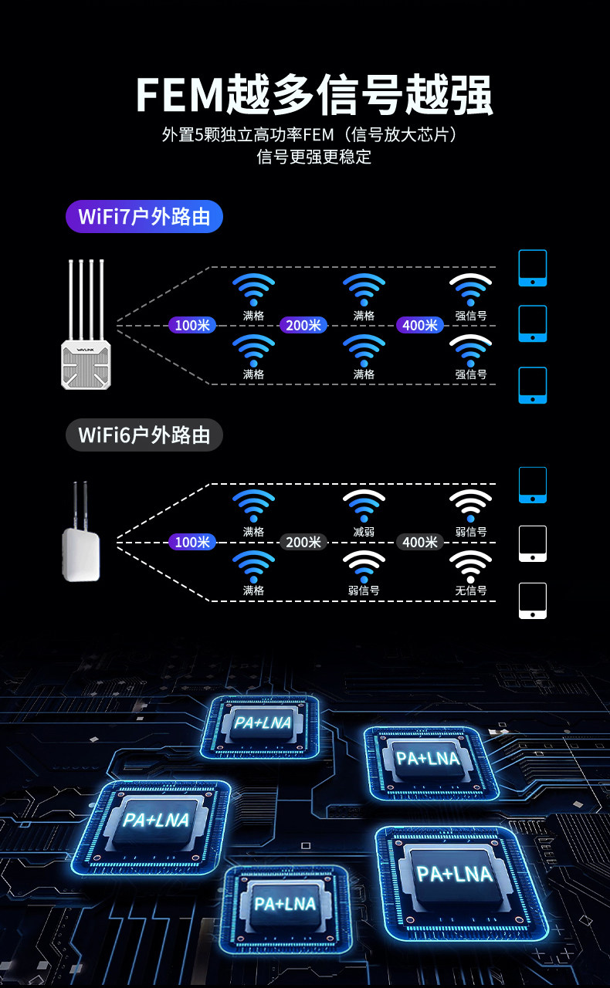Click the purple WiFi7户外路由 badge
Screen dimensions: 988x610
(x=144, y=217)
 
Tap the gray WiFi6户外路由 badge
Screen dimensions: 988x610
(x=144, y=435)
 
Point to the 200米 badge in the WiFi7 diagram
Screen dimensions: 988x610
(x=303, y=325)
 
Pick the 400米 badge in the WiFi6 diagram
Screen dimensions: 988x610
(x=420, y=543)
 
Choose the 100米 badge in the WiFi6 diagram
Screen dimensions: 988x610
(x=192, y=543)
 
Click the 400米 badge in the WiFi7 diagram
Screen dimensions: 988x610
(x=420, y=325)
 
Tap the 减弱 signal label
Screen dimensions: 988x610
(x=364, y=532)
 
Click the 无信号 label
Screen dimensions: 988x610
(x=471, y=590)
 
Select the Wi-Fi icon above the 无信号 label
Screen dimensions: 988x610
(x=471, y=567)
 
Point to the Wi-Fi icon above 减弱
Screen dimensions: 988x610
(x=364, y=506)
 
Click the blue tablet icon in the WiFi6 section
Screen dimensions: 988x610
(x=533, y=485)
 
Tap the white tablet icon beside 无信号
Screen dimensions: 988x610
(x=533, y=601)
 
